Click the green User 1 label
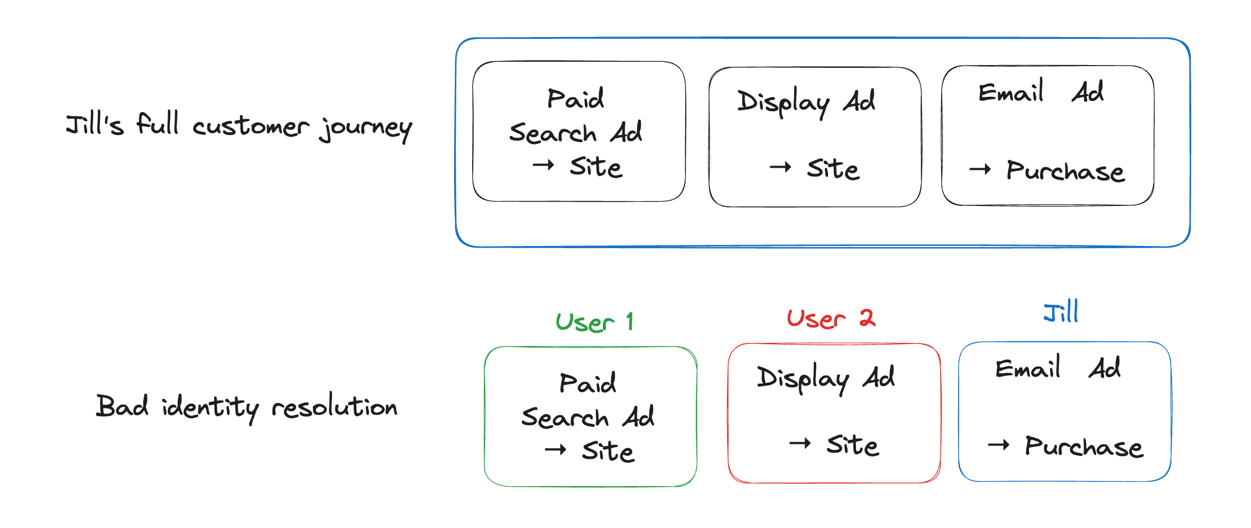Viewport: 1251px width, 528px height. click(x=594, y=322)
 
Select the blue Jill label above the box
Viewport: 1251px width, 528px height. click(x=1061, y=312)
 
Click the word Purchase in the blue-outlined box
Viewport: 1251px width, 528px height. click(x=1083, y=447)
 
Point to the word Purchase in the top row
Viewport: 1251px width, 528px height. click(x=1065, y=171)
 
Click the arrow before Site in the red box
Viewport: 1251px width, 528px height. click(x=799, y=443)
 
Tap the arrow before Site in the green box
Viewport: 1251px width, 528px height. click(x=555, y=450)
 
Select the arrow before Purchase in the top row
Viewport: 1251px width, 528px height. click(x=980, y=169)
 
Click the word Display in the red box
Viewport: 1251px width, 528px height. click(x=803, y=378)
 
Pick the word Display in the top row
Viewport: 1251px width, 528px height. click(x=783, y=102)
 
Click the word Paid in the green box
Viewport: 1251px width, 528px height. click(x=587, y=383)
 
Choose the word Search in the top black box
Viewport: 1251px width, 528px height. click(x=553, y=133)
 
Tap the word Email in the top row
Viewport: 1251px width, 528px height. click(x=1011, y=92)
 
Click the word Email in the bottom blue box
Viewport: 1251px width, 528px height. click(x=1027, y=368)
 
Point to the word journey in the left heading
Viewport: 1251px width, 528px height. click(x=365, y=128)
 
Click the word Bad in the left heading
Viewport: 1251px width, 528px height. click(x=122, y=406)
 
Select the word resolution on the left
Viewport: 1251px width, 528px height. click(x=334, y=406)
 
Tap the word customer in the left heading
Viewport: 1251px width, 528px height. click(x=250, y=127)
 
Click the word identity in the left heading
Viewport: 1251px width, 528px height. click(x=210, y=407)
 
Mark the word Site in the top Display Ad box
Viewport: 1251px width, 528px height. click(x=833, y=169)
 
